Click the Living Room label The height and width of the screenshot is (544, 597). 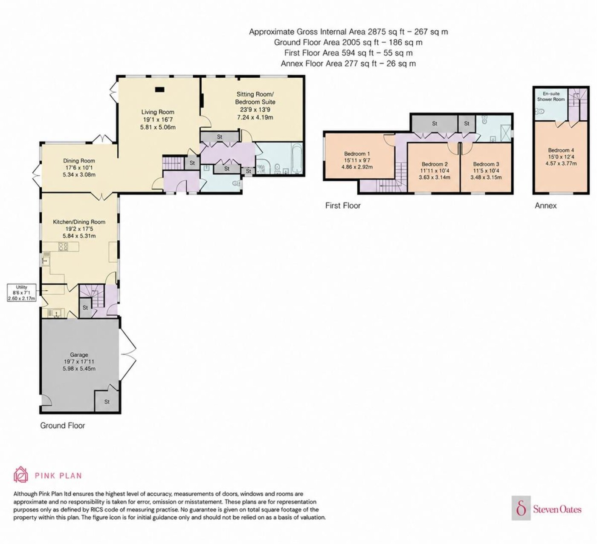[157, 112]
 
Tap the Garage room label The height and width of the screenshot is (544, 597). [79, 355]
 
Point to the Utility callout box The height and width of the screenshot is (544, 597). [22, 292]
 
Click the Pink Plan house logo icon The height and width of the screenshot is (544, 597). [21, 474]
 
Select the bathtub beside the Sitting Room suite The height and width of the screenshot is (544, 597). [297, 158]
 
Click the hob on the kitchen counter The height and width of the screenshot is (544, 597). [63, 246]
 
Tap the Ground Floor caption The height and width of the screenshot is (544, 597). [63, 425]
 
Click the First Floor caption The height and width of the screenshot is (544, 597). [343, 206]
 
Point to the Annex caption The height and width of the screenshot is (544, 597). [545, 206]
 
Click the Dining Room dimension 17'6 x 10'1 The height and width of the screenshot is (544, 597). [79, 168]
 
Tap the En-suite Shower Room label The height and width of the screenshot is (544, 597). [551, 96]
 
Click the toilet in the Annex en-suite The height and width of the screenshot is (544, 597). [539, 112]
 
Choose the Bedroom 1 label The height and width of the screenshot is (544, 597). [357, 154]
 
